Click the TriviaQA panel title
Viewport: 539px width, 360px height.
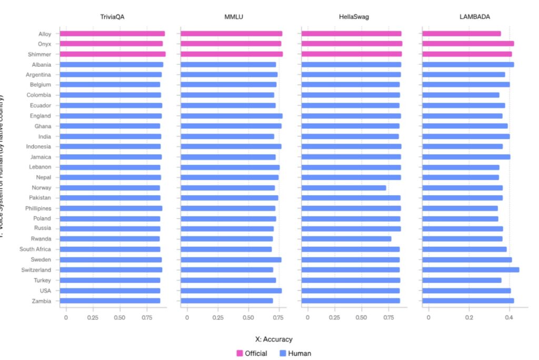[x=112, y=17]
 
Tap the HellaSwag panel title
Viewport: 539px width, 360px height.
[x=354, y=17]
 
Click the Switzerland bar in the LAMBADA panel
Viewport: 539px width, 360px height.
[x=471, y=270]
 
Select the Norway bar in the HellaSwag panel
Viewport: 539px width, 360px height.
[x=344, y=188]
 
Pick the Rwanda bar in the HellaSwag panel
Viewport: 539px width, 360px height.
[x=346, y=239]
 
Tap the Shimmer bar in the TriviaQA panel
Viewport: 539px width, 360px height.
[x=113, y=54]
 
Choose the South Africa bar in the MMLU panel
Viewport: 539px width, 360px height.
[x=226, y=249]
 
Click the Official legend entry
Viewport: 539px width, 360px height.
[x=252, y=353]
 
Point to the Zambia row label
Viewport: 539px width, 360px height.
[x=41, y=301]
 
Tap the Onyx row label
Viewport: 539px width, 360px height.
[x=44, y=44]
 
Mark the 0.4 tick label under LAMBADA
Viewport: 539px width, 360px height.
[x=509, y=318]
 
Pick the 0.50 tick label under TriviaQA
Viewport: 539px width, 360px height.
[x=119, y=318]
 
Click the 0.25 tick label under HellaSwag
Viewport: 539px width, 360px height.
[x=334, y=318]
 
